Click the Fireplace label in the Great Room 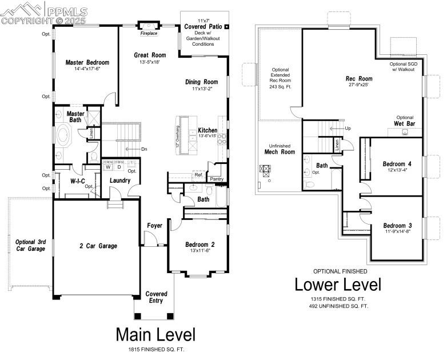coord(149,34)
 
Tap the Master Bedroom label coord(87,62)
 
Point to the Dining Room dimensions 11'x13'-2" coord(201,89)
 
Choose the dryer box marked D coord(119,167)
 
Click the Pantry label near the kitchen coord(217,179)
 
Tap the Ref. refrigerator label coord(198,175)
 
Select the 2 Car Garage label coord(98,246)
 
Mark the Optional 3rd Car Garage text coord(30,245)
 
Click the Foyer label coord(154,226)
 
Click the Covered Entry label coord(155,297)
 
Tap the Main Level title coord(155,334)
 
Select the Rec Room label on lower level coord(359,79)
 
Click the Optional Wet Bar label coord(404,121)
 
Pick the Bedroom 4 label coord(397,164)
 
